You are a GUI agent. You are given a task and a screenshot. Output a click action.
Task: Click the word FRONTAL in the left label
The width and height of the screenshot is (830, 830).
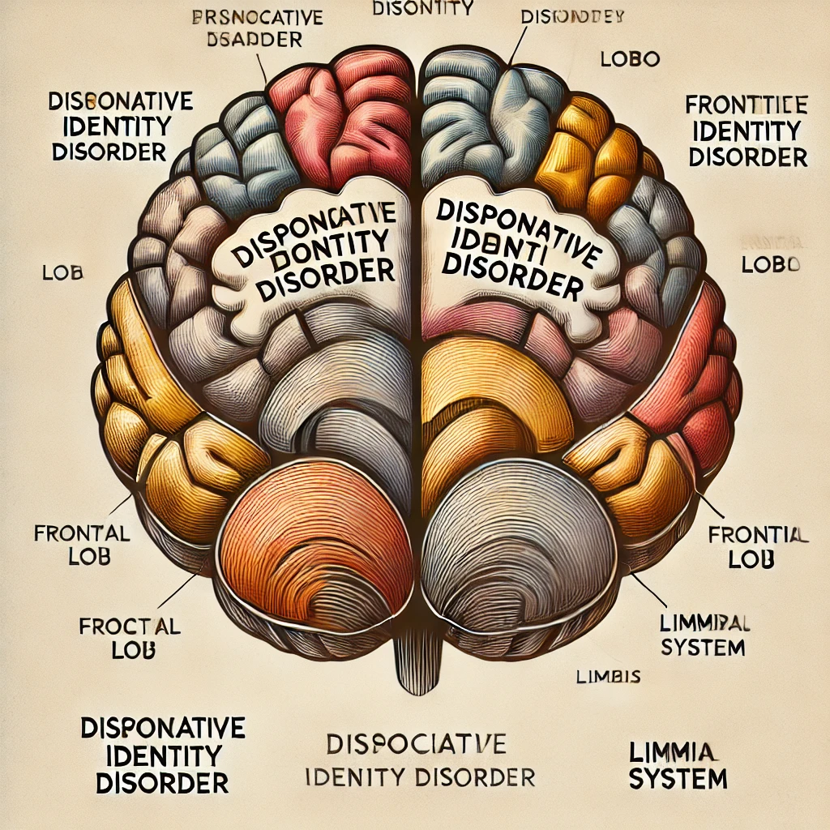pos(81,534)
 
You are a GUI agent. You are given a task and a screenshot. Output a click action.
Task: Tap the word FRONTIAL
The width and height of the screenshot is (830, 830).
pos(758,535)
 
